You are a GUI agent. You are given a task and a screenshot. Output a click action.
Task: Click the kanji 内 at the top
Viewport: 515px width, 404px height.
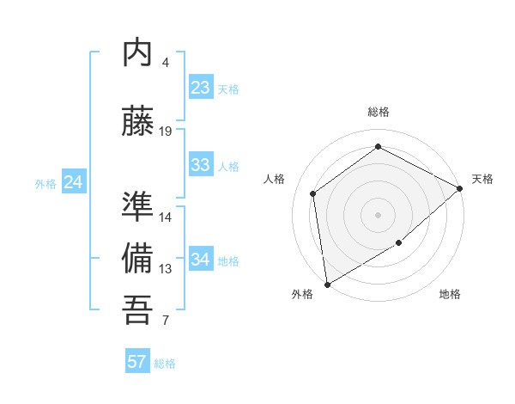[x=137, y=53]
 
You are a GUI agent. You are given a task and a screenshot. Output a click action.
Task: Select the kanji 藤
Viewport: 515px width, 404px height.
[x=137, y=121]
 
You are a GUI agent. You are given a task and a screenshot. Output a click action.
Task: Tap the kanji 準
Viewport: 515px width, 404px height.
[x=137, y=207]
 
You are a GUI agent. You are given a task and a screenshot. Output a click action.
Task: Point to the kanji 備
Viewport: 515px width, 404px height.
[x=137, y=259]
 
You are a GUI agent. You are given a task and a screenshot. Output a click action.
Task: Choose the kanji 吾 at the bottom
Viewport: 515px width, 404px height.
[x=137, y=309]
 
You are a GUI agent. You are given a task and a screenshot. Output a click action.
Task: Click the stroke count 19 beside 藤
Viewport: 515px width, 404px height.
[x=166, y=132]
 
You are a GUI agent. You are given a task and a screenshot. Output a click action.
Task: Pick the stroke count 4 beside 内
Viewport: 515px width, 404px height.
[x=166, y=63]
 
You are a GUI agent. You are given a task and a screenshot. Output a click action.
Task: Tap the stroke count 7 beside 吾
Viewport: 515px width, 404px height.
[x=166, y=321]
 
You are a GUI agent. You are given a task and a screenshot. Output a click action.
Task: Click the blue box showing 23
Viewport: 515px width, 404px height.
[x=200, y=88]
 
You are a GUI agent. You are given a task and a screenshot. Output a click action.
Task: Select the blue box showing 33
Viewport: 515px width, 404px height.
[x=200, y=165]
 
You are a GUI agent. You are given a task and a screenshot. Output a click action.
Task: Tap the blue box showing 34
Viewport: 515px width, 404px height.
[x=200, y=260]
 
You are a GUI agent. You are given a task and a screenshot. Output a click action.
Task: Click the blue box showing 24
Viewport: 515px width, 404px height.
[x=74, y=182]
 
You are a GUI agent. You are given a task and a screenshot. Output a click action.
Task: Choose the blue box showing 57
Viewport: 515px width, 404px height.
[x=137, y=362]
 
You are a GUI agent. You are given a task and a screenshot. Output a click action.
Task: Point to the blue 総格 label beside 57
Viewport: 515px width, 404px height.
[x=165, y=364]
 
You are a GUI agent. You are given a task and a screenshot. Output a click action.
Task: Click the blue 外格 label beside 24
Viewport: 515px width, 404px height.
[x=45, y=183]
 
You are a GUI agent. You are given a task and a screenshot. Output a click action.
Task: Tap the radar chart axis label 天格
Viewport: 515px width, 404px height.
[x=482, y=179]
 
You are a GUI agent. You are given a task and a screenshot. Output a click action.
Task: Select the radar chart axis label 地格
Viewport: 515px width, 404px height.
[x=450, y=295]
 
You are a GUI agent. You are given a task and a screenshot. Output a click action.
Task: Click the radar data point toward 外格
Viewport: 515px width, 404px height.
[x=327, y=284]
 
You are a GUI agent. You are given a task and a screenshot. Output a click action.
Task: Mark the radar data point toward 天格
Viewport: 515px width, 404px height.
[x=460, y=188]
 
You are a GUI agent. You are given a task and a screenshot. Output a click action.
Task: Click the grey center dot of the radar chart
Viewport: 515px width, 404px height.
[x=378, y=214]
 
